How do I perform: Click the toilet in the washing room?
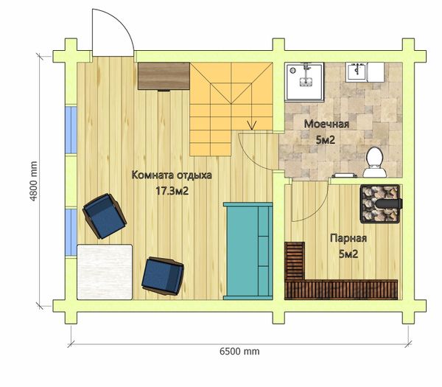pos(374,162)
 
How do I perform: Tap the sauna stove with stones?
pos(381,204)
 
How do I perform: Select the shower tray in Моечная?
pos(304,82)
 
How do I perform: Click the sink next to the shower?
pos(357,72)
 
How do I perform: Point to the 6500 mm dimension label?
pos(239,352)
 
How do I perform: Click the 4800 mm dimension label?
pos(34,181)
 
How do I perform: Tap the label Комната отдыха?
pos(172,175)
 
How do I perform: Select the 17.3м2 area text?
pos(172,191)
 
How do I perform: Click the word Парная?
pos(348,238)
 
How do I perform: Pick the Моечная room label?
pos(326,124)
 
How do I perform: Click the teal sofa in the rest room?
pos(248,251)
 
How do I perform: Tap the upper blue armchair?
pos(105,216)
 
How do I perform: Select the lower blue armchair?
pos(163,276)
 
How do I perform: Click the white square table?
pos(105,272)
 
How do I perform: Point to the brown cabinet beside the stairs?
pos(164,76)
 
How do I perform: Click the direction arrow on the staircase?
pos(252,125)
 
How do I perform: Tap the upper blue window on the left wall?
pos(71,130)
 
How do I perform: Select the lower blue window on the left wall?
pos(71,232)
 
